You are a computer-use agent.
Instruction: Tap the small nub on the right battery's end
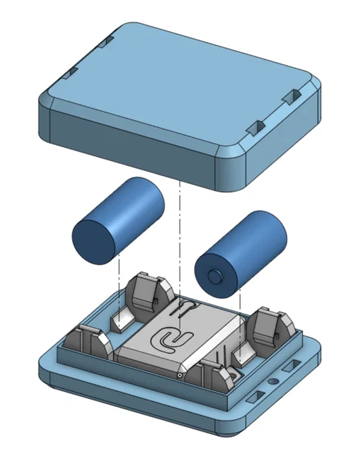pos(214,276)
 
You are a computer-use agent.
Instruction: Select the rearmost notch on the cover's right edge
pos(294,96)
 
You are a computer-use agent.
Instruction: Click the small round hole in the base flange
pos(272,379)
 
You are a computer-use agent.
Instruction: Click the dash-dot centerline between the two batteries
pos(177,238)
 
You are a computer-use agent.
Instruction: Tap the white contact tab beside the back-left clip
pos(119,318)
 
